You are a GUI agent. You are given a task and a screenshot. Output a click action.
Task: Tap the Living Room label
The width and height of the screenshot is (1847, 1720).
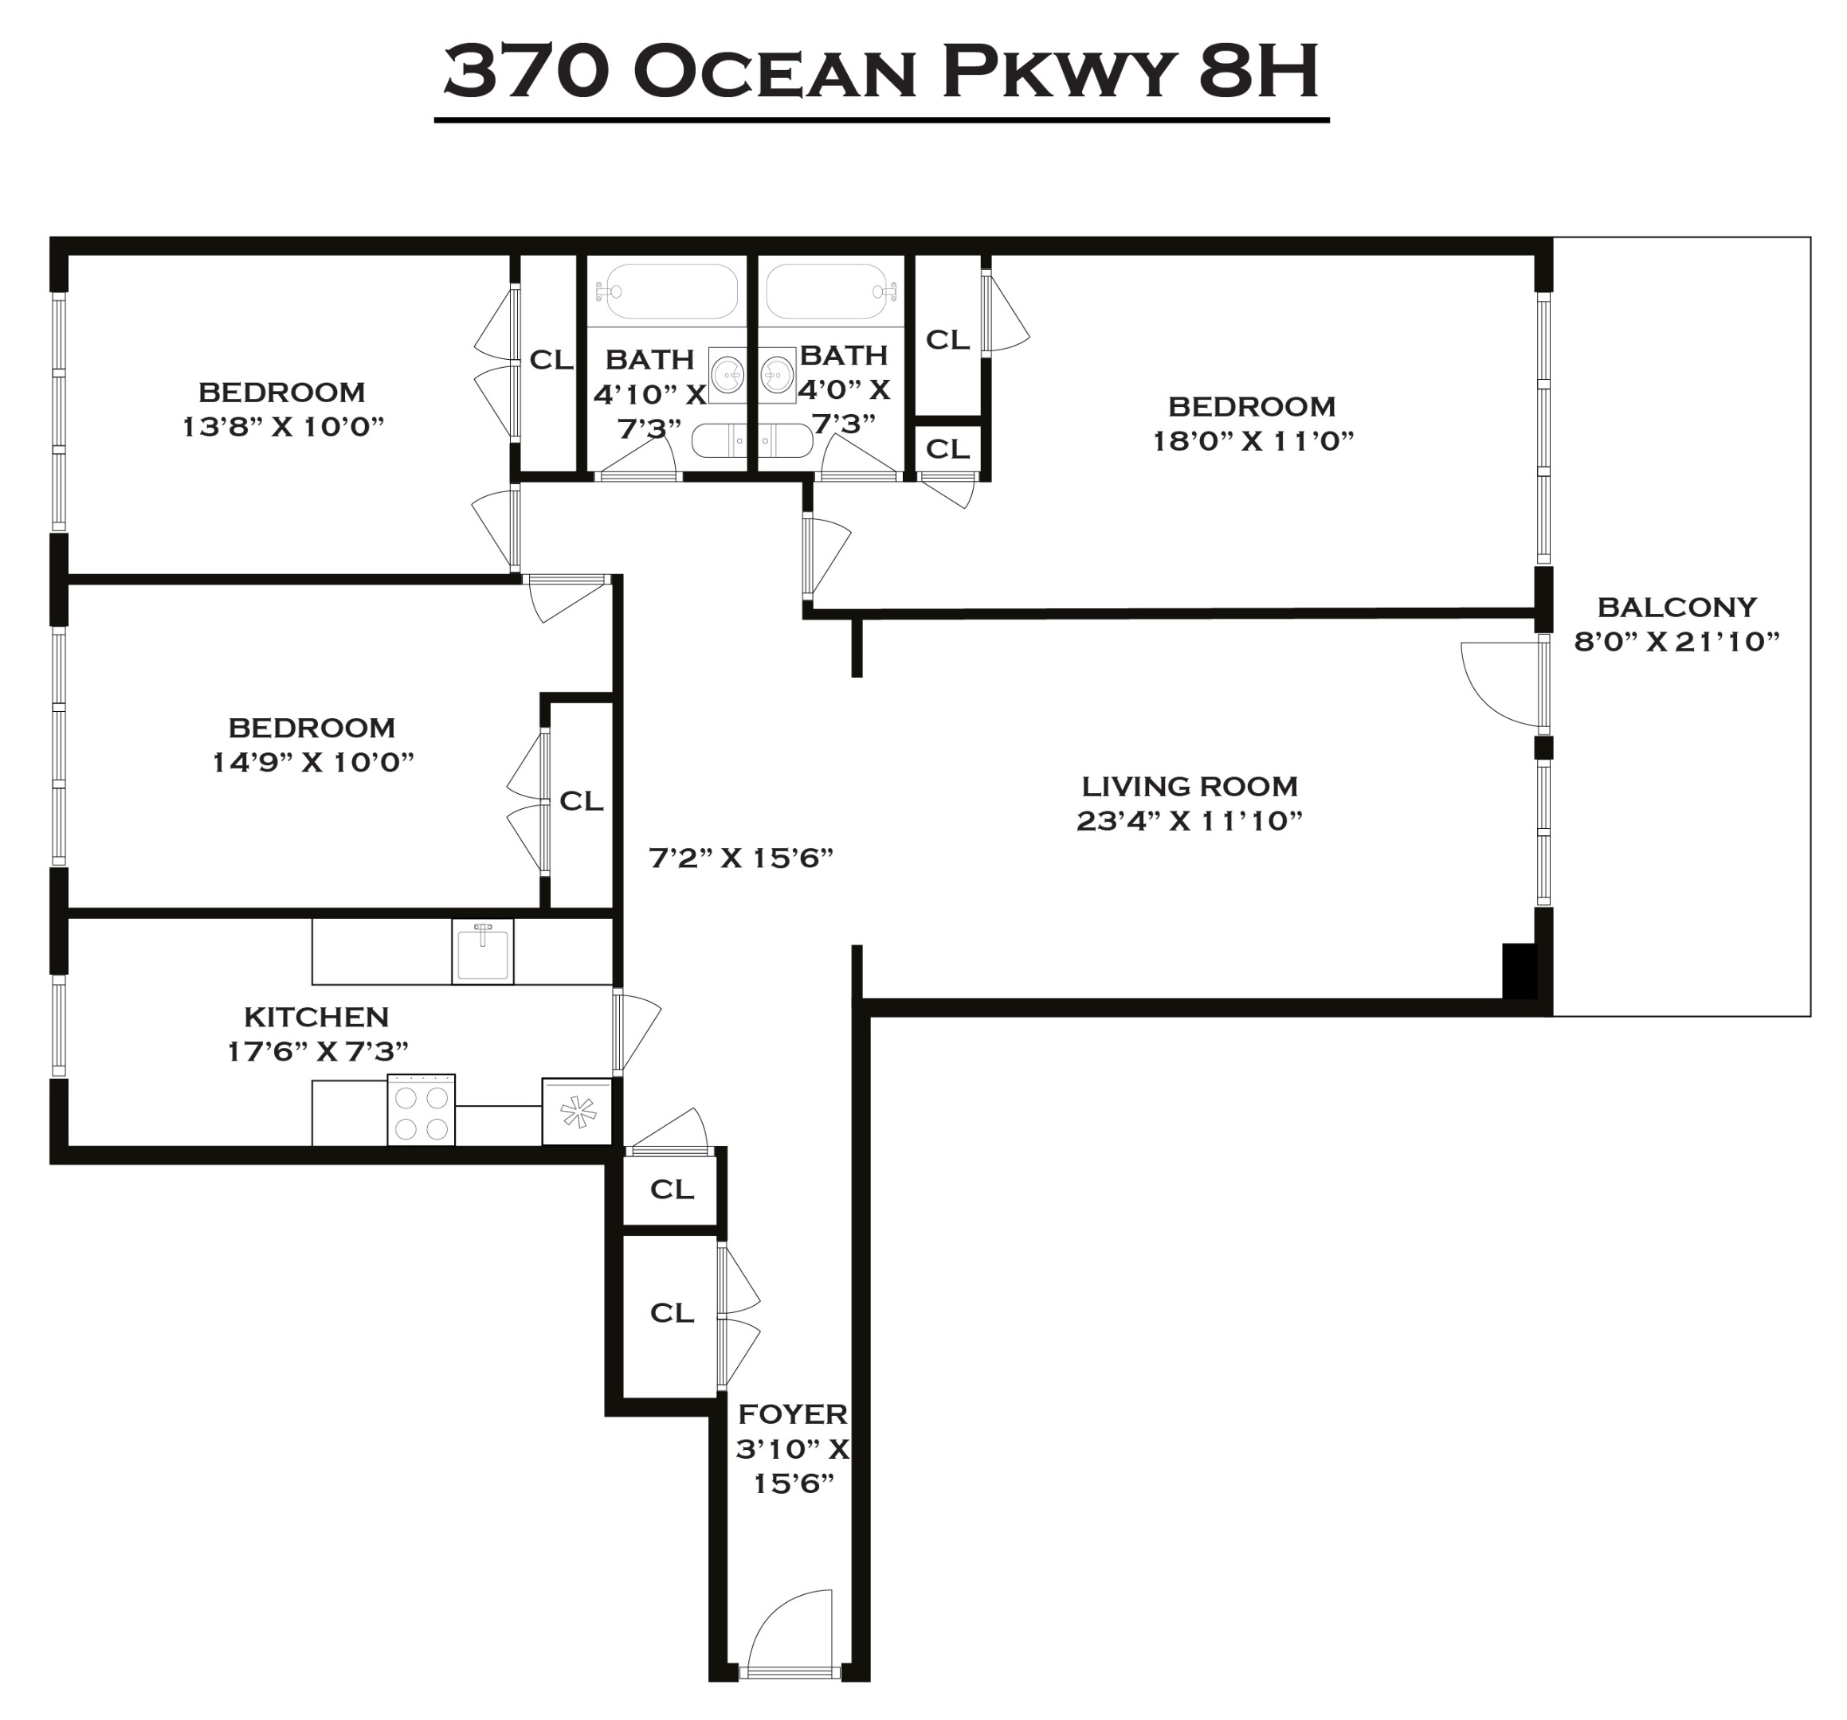pyautogui.click(x=1188, y=787)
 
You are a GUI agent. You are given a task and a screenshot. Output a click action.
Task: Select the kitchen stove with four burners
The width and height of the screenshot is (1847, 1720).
pyautogui.click(x=421, y=1111)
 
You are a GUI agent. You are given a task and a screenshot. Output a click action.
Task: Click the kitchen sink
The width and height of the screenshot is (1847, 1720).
pyautogui.click(x=482, y=952)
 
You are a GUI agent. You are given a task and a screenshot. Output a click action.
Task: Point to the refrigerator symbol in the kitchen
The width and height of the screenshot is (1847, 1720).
pyautogui.click(x=577, y=1112)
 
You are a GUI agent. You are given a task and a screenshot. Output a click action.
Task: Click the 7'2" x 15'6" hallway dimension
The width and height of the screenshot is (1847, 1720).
pyautogui.click(x=739, y=858)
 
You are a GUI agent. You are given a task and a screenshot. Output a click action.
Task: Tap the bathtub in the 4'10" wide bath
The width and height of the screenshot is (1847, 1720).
pyautogui.click(x=666, y=291)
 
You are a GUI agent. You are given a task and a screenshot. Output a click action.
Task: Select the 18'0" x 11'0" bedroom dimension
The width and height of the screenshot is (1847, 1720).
pyautogui.click(x=1253, y=441)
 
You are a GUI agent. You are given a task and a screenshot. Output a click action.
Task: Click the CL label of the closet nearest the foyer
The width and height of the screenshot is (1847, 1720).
pyautogui.click(x=671, y=1312)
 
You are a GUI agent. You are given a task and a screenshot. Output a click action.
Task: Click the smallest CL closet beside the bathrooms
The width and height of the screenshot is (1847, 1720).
pyautogui.click(x=947, y=449)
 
